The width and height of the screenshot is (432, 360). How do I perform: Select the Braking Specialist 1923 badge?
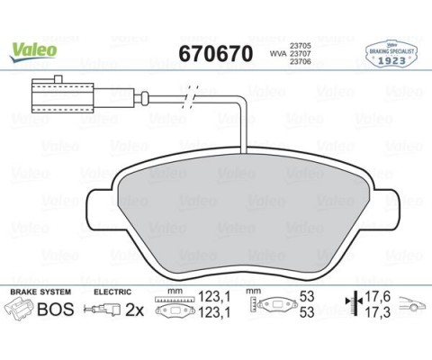coord(391,54)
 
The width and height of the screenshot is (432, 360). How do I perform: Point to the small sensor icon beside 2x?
coord(104,310)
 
